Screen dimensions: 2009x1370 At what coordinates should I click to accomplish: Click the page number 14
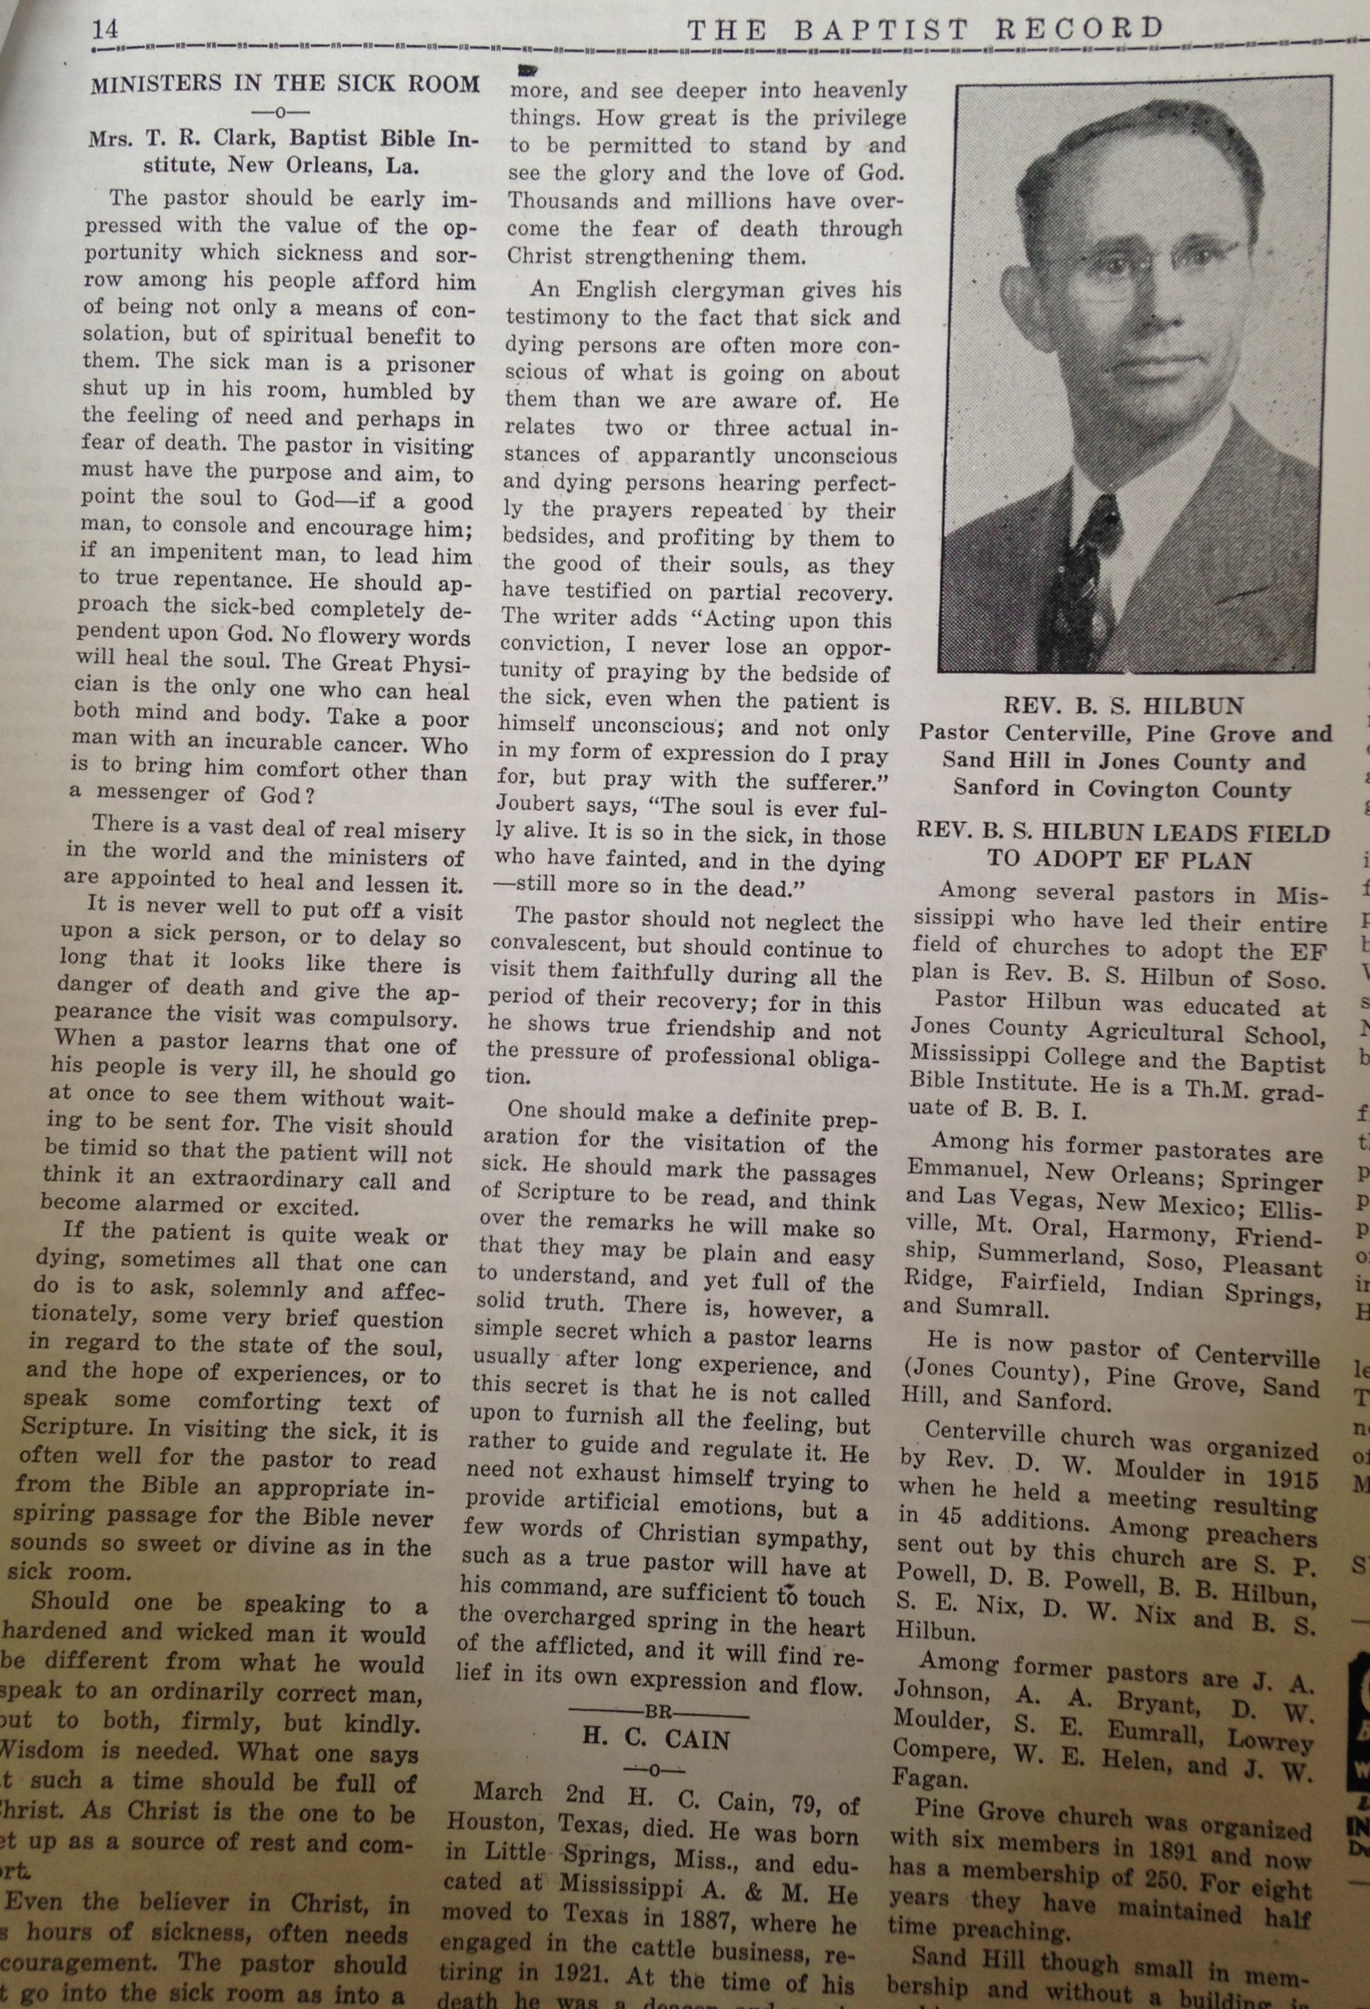click(105, 30)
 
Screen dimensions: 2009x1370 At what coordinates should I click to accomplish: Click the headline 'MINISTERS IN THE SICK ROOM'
click(285, 84)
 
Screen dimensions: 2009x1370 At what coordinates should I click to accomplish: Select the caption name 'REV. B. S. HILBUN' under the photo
click(1123, 705)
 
